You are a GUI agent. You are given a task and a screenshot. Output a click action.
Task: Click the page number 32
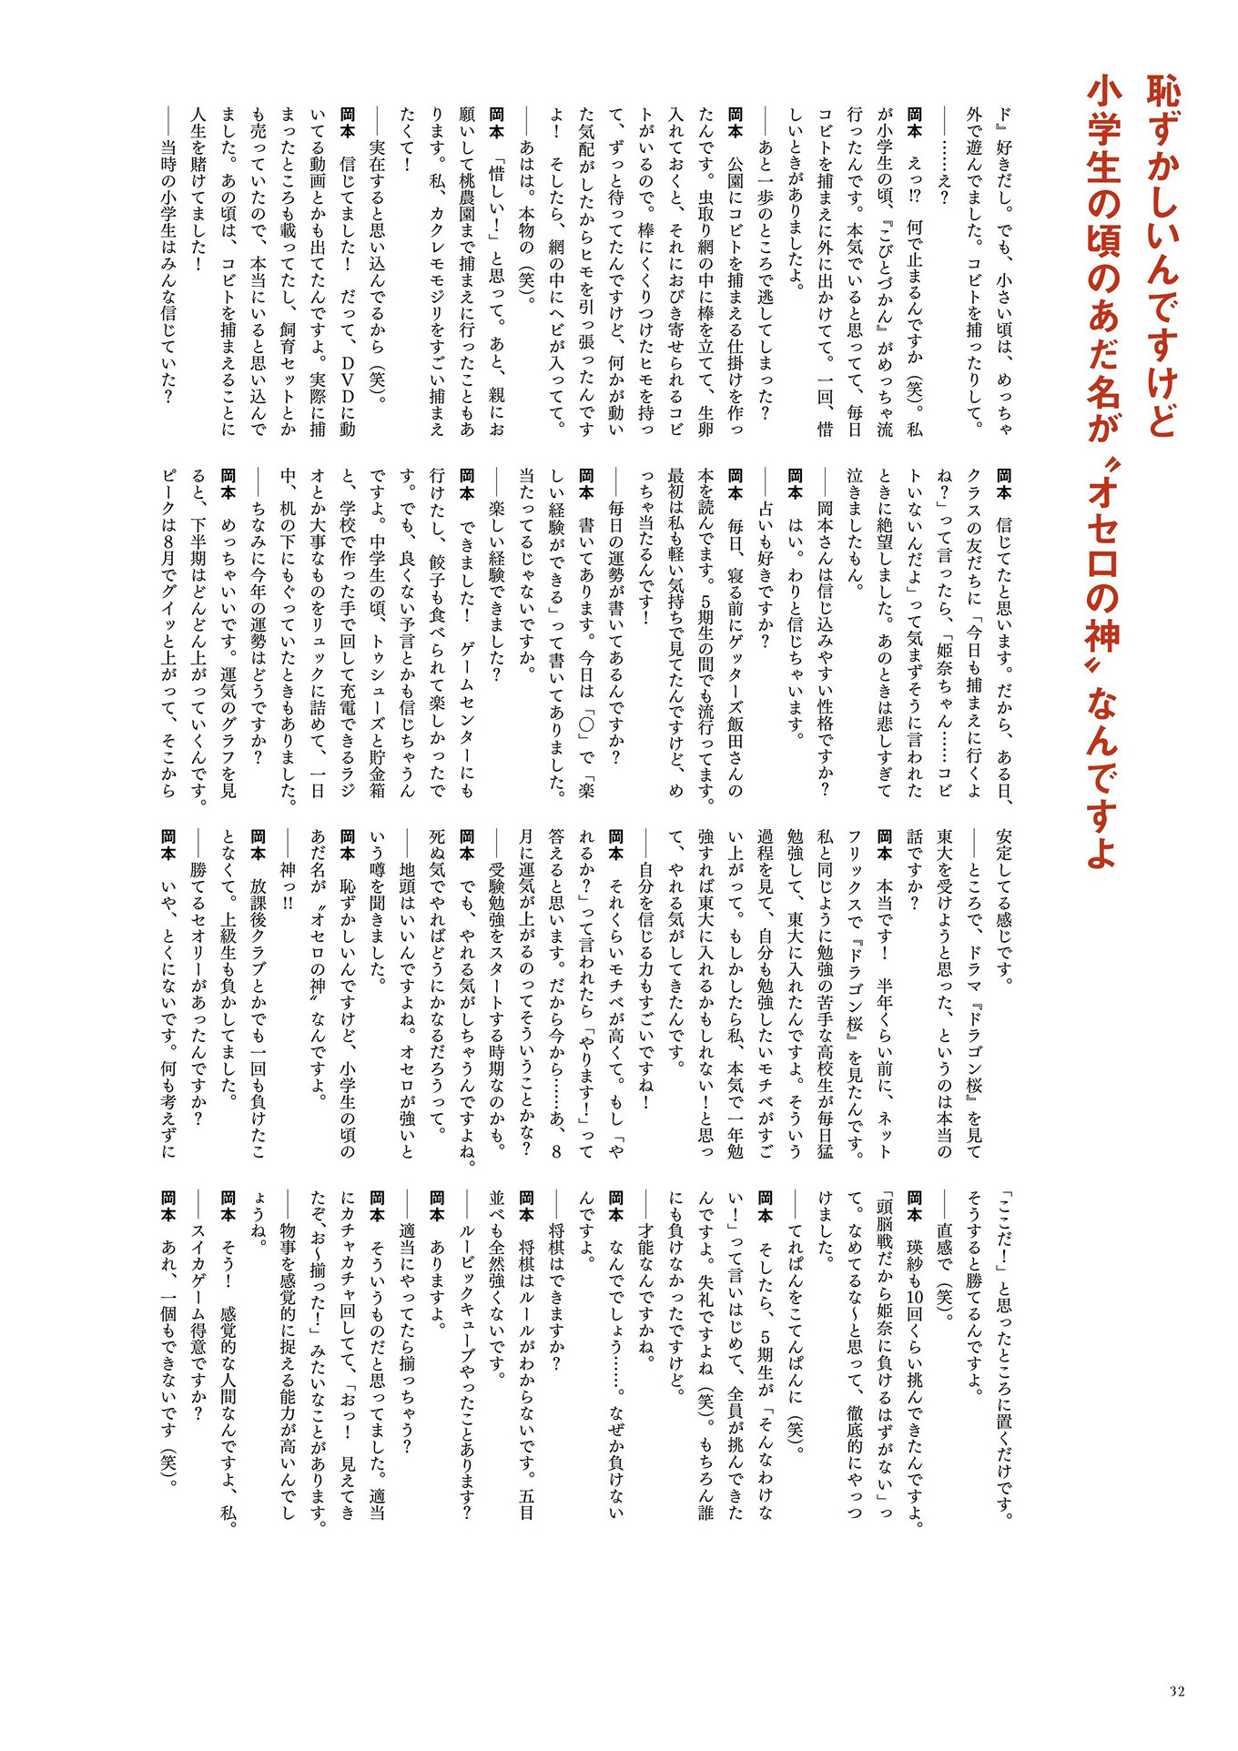point(1177,1691)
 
